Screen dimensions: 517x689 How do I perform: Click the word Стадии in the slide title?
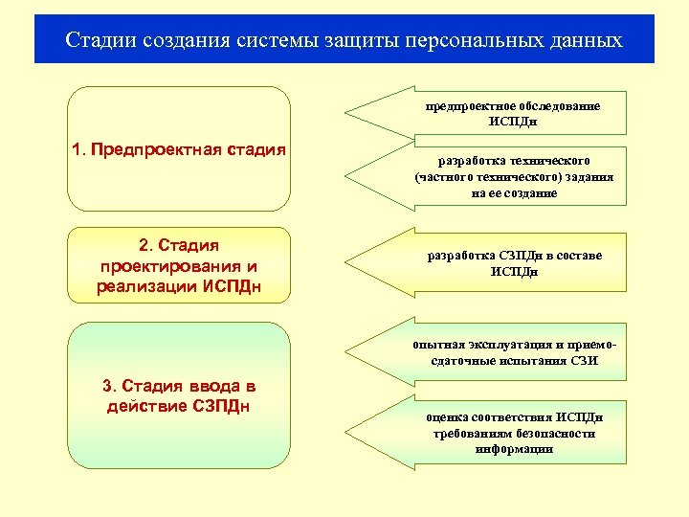tap(100, 41)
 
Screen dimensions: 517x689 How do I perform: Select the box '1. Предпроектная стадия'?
tap(180, 148)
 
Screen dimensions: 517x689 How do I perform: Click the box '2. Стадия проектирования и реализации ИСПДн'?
tap(180, 265)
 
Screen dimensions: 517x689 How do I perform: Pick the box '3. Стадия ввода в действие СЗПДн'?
tap(180, 395)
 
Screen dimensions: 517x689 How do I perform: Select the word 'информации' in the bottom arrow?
tap(514, 449)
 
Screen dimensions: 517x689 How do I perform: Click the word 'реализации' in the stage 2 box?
tap(141, 286)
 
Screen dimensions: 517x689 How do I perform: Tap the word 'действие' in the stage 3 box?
tap(144, 405)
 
